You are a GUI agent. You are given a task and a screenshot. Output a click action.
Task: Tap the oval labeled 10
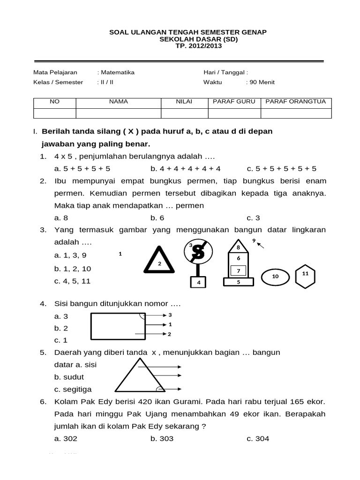coord(275,277)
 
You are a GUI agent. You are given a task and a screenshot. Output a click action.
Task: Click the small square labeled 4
coord(199,283)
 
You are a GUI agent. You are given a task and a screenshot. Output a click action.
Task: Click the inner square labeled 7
coord(238,271)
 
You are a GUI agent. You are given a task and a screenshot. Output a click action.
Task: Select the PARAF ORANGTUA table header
coord(296,101)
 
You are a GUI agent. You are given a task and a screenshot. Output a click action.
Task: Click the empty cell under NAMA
coord(118,113)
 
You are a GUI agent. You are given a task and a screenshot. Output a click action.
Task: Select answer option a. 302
coord(66,438)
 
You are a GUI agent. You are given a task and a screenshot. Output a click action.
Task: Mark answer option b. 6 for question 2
coord(157,217)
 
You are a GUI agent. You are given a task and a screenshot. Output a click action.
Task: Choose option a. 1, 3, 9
coord(70,255)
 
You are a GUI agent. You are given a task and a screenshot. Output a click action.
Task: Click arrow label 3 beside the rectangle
coord(170,315)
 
